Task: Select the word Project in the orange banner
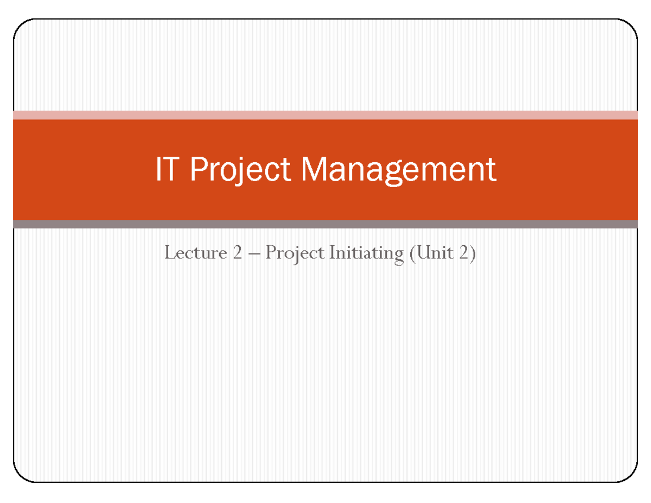point(239,170)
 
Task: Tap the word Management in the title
point(399,170)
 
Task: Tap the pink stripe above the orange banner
point(325,114)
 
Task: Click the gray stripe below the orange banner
point(325,224)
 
